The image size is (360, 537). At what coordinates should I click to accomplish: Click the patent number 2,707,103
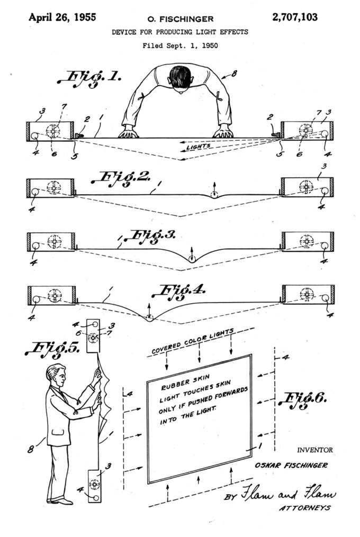pyautogui.click(x=295, y=17)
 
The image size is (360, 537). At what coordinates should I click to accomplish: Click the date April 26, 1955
pyautogui.click(x=62, y=17)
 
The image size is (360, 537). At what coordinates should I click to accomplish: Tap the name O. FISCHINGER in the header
pyautogui.click(x=181, y=19)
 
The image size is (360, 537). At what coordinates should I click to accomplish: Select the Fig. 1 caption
pyautogui.click(x=89, y=79)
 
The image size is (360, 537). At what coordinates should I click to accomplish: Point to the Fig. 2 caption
pyautogui.click(x=120, y=179)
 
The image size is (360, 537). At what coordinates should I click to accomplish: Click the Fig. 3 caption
pyautogui.click(x=149, y=237)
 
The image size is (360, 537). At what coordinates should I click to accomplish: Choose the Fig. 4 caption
pyautogui.click(x=178, y=293)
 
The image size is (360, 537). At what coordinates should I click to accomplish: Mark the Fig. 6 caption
pyautogui.click(x=303, y=401)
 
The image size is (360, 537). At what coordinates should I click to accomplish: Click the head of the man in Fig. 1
pyautogui.click(x=181, y=78)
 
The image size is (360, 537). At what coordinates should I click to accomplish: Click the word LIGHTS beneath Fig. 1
pyautogui.click(x=199, y=147)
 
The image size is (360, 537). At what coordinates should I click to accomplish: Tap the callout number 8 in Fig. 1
pyautogui.click(x=234, y=74)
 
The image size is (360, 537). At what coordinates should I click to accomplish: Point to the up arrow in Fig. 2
pyautogui.click(x=214, y=187)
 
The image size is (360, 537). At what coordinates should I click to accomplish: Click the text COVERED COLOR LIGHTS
pyautogui.click(x=193, y=341)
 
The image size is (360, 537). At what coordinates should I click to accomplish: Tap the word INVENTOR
pyautogui.click(x=315, y=450)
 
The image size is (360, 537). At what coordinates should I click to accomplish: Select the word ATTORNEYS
pyautogui.click(x=305, y=508)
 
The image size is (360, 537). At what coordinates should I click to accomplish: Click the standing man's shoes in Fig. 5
pyautogui.click(x=60, y=500)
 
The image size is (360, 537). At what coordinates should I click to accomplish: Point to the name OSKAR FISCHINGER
pyautogui.click(x=291, y=465)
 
